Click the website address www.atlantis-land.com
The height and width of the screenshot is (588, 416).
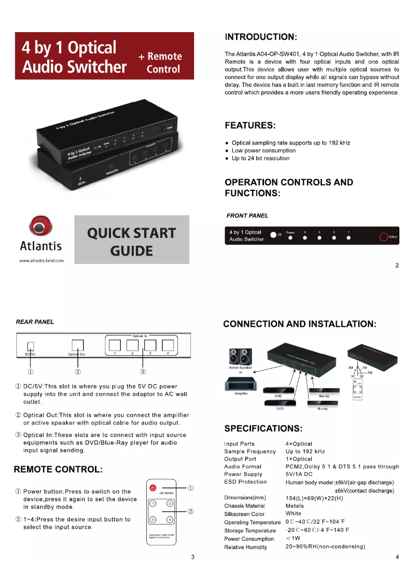(41, 260)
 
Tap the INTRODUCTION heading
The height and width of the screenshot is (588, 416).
(260, 37)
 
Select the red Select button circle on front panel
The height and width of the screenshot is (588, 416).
(383, 237)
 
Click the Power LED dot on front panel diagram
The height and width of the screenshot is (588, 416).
(290, 239)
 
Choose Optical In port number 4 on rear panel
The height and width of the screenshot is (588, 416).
(168, 345)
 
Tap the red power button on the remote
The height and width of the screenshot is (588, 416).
(153, 488)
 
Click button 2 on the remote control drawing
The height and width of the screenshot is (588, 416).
(170, 503)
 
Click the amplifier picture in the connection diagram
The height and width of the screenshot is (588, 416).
(240, 384)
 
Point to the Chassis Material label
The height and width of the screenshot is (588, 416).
(244, 506)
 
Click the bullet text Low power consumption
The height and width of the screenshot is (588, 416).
(264, 150)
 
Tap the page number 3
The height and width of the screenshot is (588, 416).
(192, 557)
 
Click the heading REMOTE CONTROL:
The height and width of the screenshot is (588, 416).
(58, 470)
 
